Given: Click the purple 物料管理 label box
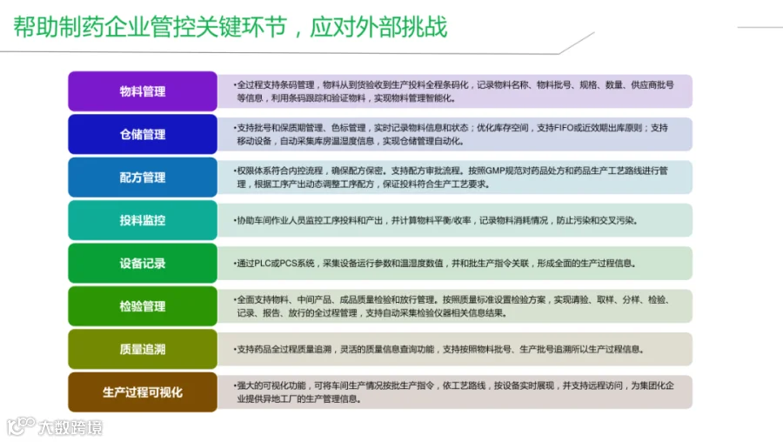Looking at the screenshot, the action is pyautogui.click(x=143, y=90).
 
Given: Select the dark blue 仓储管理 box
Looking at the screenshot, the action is pyautogui.click(x=143, y=134).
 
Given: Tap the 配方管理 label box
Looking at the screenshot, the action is pyautogui.click(x=143, y=177).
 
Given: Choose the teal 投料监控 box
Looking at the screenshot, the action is pyautogui.click(x=143, y=220).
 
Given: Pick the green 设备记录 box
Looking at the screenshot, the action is pyautogui.click(x=143, y=263).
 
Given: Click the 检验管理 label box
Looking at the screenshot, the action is pyautogui.click(x=143, y=305).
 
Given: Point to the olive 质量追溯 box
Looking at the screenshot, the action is pyautogui.click(x=143, y=349).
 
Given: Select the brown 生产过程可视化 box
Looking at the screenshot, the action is pyautogui.click(x=143, y=392).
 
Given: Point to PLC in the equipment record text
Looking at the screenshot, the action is pyautogui.click(x=263, y=264).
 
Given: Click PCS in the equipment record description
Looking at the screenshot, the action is pyautogui.click(x=288, y=264).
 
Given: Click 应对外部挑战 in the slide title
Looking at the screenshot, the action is pyautogui.click(x=378, y=26).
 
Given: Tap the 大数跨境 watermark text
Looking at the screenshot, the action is pyautogui.click(x=70, y=427).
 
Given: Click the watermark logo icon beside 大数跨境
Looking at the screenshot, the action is pyautogui.click(x=21, y=426).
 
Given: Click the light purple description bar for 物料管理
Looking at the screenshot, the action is pyautogui.click(x=455, y=90).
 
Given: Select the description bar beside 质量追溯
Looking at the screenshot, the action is pyautogui.click(x=455, y=349).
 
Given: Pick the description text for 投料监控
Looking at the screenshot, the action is pyautogui.click(x=436, y=220).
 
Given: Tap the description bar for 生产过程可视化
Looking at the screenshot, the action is pyautogui.click(x=455, y=392).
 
